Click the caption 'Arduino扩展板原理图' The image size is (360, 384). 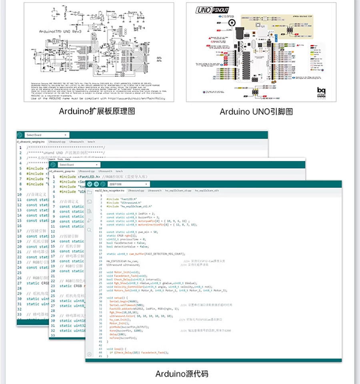pyautogui.click(x=97, y=111)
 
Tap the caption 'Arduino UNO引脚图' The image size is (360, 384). pyautogui.click(x=256, y=112)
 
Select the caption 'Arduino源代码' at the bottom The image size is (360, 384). pyautogui.click(x=182, y=374)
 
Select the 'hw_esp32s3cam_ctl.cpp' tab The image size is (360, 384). pyautogui.click(x=179, y=191)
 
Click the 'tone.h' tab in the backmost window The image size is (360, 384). pyautogui.click(x=92, y=142)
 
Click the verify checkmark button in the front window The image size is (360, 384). pyautogui.click(x=90, y=184)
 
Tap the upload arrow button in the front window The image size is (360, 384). pyautogui.click(x=96, y=184)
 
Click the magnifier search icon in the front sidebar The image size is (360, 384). pyautogui.click(x=89, y=230)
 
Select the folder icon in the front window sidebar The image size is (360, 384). pyautogui.click(x=89, y=193)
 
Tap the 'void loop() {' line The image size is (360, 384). pyautogui.click(x=116, y=349)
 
